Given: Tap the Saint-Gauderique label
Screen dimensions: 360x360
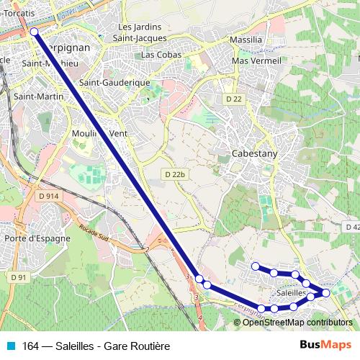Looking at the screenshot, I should tap(114, 83).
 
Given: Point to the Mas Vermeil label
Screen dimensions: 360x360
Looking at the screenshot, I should tap(256, 61).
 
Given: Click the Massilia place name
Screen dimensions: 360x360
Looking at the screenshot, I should tap(246, 40).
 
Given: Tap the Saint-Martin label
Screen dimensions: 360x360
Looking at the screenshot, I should tap(34, 96).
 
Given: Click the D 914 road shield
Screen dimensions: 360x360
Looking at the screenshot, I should tap(48, 196).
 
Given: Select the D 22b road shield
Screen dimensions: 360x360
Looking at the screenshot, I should tap(174, 174).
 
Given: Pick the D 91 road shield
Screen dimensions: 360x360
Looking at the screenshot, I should tap(18, 276).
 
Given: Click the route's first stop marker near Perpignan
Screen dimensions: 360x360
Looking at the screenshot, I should tap(34, 32).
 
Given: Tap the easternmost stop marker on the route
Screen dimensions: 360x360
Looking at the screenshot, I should tap(325, 292).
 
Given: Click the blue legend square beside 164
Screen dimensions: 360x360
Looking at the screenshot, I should tap(11, 346).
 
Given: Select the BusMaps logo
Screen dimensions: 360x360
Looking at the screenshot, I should tap(325, 346).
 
